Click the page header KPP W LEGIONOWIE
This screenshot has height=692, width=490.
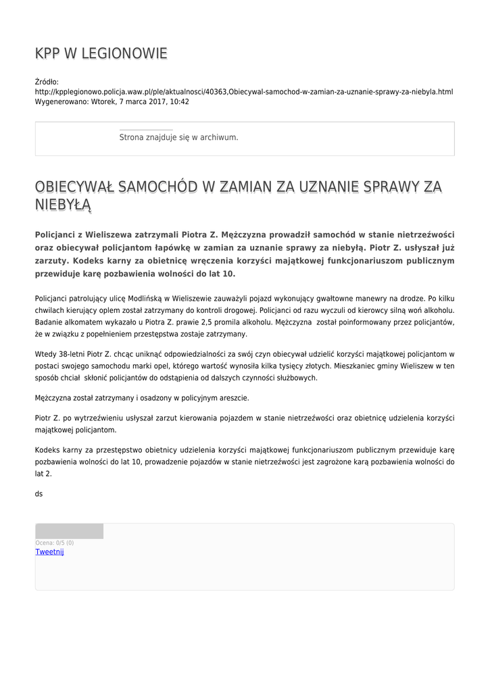point(101,54)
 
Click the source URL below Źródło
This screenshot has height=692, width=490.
point(243,92)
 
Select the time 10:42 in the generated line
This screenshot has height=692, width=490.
point(179,102)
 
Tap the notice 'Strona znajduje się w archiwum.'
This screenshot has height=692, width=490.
point(178,137)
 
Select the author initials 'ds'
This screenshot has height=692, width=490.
point(39,494)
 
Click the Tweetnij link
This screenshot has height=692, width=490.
point(49,552)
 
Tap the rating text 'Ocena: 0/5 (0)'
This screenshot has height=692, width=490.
point(55,543)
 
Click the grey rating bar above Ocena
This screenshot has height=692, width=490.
point(69,531)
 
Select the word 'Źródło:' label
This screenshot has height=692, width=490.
point(47,82)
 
